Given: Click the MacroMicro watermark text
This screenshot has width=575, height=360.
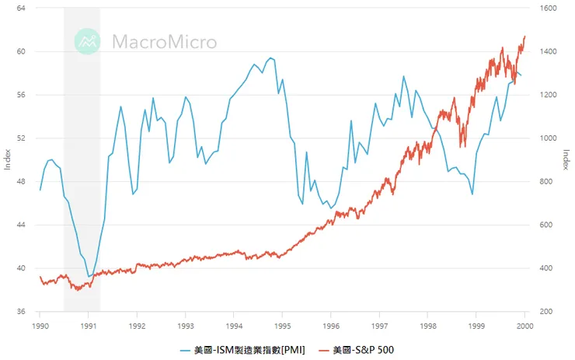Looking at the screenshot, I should (165, 41).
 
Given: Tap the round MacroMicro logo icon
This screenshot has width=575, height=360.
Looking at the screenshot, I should (89, 41).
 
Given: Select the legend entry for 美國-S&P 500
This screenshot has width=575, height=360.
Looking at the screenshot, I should (363, 350).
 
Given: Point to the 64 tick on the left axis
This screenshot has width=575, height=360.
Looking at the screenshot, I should (20, 8).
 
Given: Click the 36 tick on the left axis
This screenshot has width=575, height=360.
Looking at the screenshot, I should (20, 312).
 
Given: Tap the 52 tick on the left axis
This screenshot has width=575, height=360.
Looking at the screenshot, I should (20, 138).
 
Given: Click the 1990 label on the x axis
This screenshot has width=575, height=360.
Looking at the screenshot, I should (40, 325).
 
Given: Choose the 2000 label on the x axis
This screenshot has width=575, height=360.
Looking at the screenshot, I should (525, 325).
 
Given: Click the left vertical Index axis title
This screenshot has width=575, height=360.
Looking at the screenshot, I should (8, 159).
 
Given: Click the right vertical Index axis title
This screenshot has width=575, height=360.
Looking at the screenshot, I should (566, 159).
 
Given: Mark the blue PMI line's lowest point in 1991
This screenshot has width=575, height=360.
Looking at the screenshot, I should (89, 276).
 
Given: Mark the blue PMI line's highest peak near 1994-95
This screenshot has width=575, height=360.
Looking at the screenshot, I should (270, 58).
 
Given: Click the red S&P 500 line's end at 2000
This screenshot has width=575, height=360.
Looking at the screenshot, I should (525, 36).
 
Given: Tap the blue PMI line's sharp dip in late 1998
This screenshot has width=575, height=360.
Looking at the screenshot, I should (472, 194).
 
